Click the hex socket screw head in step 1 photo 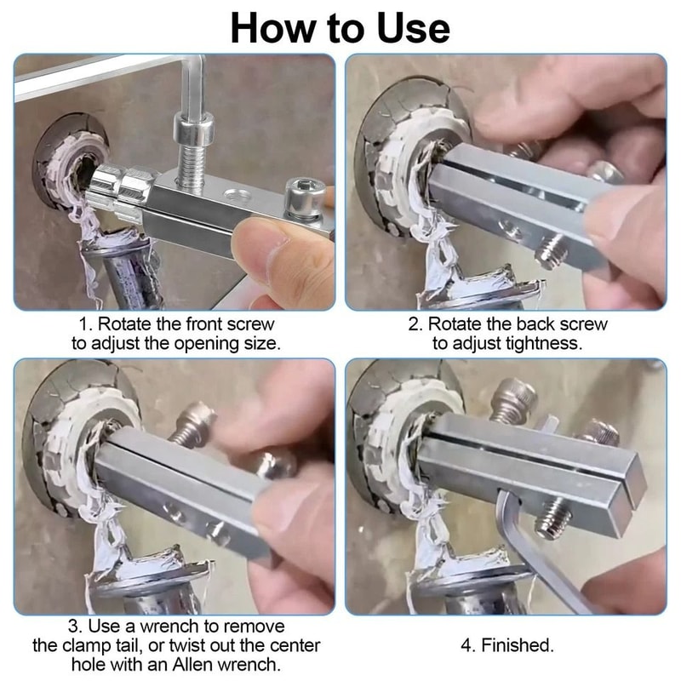pos(305,197)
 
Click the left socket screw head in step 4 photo pos(512,399)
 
